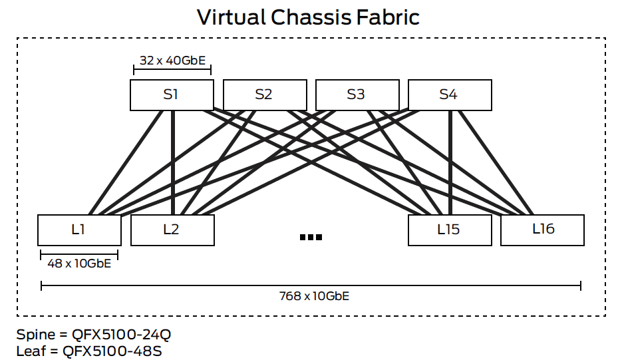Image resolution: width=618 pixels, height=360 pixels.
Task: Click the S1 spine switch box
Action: [x=172, y=94]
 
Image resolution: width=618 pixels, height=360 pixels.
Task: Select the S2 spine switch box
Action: [x=264, y=94]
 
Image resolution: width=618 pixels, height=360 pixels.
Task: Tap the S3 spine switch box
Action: [x=357, y=94]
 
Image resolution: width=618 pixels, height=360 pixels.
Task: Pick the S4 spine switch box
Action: [x=449, y=94]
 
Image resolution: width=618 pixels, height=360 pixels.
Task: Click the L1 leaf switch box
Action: [x=79, y=230]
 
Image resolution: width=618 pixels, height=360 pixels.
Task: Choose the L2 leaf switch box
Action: [x=172, y=230]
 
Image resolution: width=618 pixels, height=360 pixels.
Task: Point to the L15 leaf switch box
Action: [x=449, y=230]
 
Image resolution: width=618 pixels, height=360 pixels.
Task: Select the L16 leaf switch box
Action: [x=542, y=230]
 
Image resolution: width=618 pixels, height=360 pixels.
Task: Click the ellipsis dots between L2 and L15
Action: [x=311, y=237]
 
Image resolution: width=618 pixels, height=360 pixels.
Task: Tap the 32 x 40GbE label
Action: [x=172, y=61]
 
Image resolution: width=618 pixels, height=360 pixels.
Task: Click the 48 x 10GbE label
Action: [x=79, y=263]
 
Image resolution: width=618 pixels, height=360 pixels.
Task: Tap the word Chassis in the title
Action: [x=311, y=17]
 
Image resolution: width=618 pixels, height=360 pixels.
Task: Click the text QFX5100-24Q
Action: [x=120, y=333]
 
